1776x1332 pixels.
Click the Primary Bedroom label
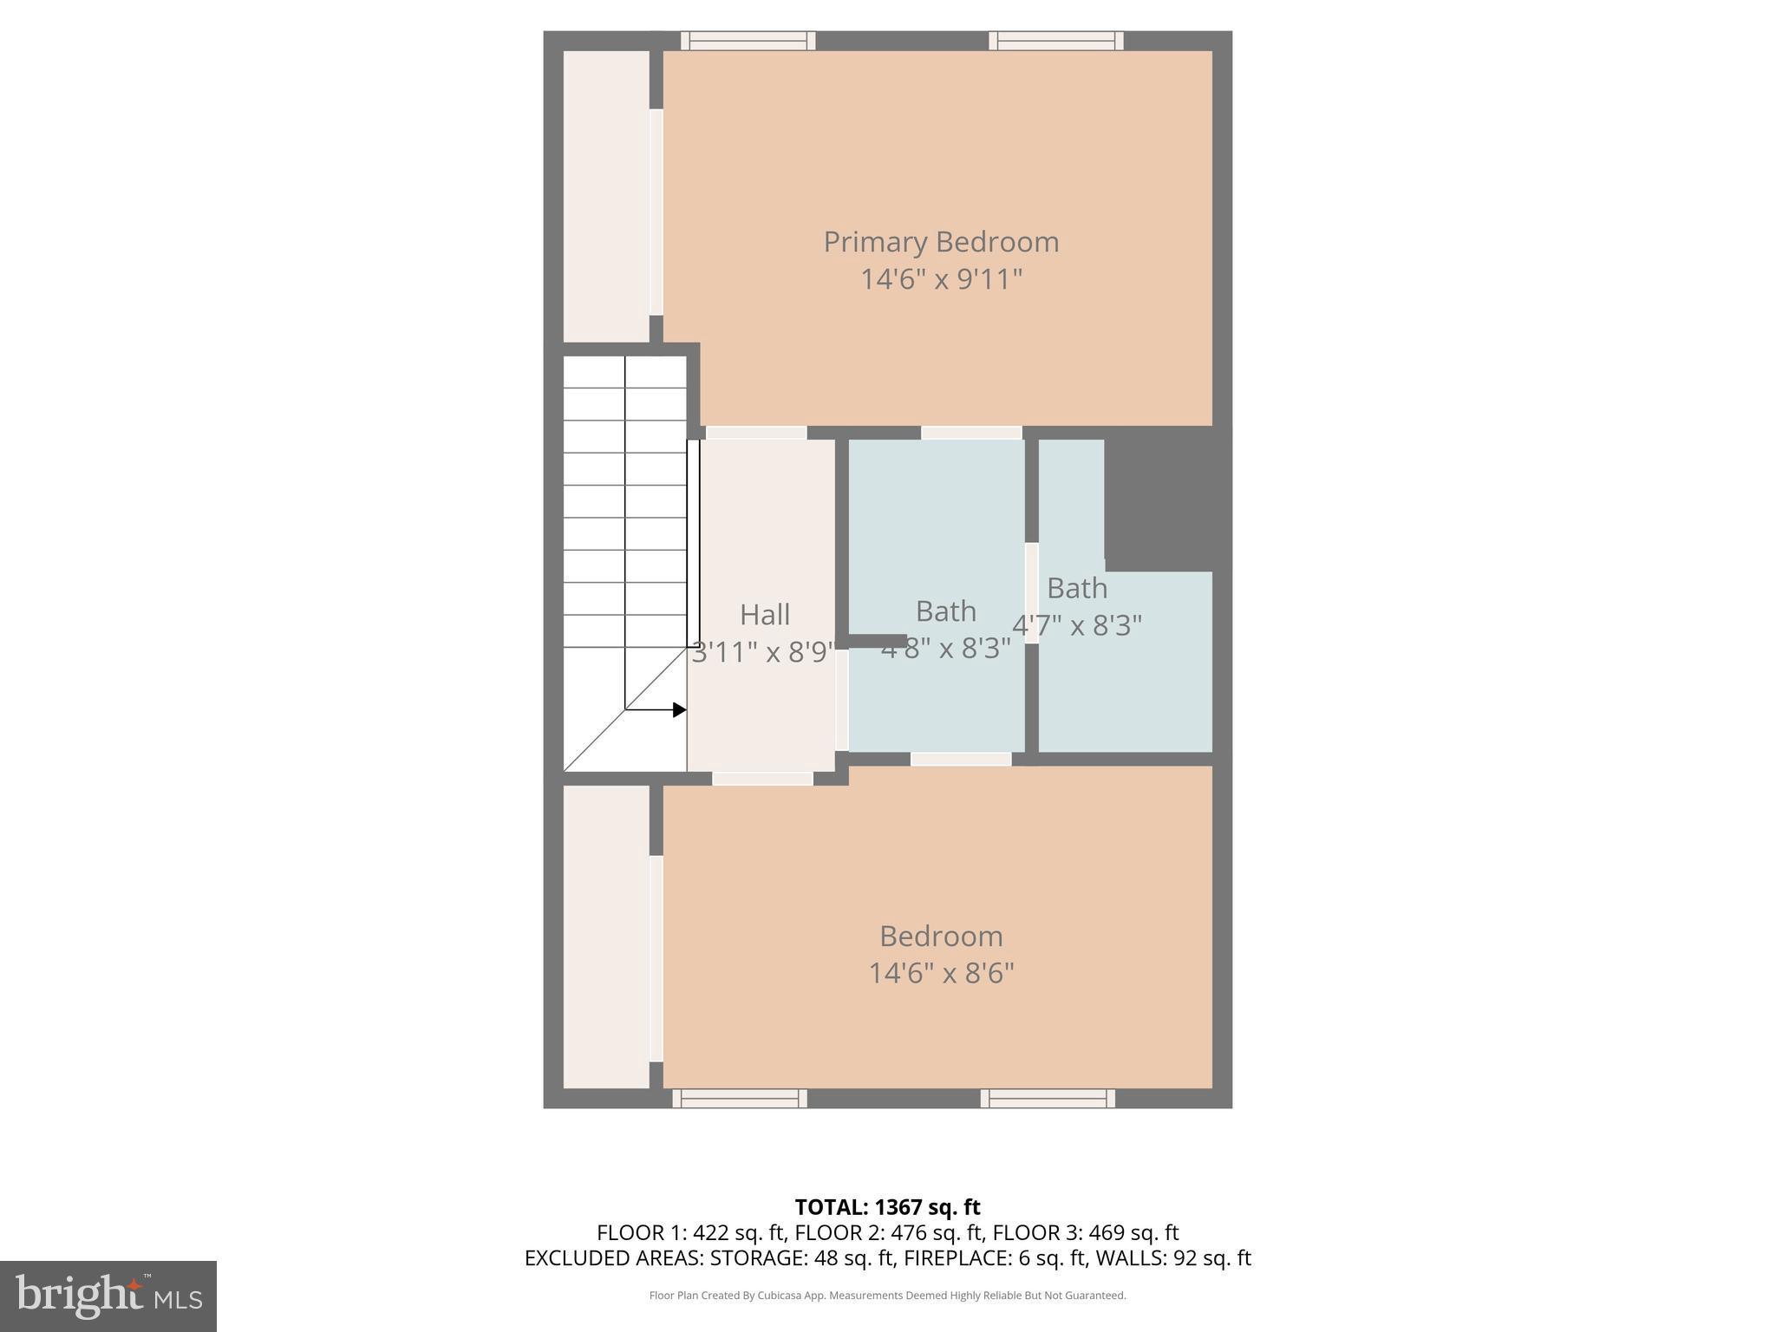941,242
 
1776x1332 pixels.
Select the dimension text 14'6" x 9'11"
941,279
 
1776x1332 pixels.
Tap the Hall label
764,615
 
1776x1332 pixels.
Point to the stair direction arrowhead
680,710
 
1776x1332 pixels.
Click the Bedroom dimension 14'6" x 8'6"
941,973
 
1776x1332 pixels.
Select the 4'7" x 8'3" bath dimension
1077,625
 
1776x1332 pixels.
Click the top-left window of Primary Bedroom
748,41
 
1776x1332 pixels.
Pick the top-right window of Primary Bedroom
1055,41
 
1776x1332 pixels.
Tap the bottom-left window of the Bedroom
740,1099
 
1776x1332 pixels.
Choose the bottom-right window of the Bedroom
1048,1099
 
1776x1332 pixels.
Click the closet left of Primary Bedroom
606,196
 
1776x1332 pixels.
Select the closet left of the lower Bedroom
606,937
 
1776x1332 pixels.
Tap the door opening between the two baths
1032,593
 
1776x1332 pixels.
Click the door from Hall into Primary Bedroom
756,433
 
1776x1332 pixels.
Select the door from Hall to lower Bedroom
762,779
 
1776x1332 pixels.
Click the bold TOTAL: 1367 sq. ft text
887,1206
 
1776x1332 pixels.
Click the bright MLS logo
108,1296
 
